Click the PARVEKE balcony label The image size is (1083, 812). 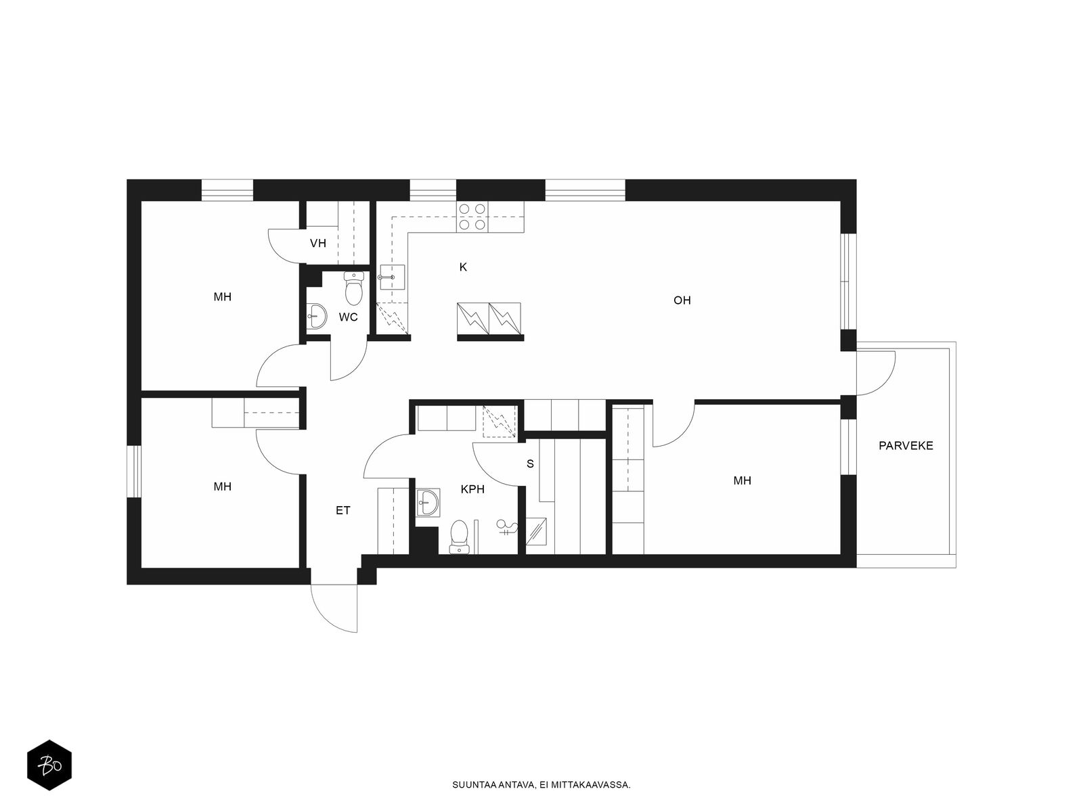[906, 446]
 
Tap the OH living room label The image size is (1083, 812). [682, 300]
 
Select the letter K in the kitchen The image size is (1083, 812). [463, 267]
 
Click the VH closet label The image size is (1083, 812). [318, 243]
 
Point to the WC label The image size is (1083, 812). [348, 317]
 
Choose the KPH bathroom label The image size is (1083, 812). [472, 489]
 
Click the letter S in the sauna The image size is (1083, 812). [531, 464]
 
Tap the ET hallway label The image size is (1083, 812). [343, 511]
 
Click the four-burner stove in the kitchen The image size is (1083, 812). [472, 217]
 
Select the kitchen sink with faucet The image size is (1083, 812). [392, 277]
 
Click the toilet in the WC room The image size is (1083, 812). [353, 288]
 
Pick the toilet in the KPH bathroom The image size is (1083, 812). [459, 537]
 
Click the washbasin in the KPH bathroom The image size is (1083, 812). [428, 503]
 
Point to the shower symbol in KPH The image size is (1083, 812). [507, 528]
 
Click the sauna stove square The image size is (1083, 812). [536, 531]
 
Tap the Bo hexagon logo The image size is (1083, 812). [49, 765]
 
